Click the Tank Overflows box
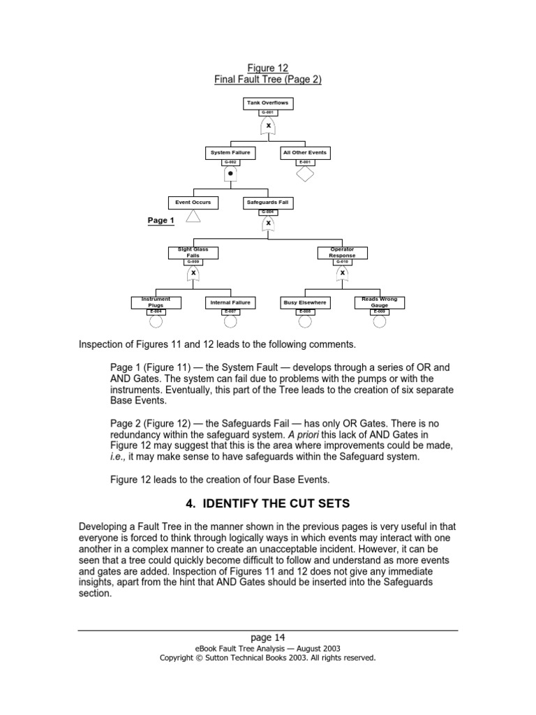click(268, 103)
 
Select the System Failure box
click(230, 152)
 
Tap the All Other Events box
click(304, 152)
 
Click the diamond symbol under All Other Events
click(305, 173)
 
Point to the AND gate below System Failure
click(230, 173)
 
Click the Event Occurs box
click(193, 202)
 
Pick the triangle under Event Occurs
click(193, 217)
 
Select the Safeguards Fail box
click(268, 202)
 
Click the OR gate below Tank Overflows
click(268, 125)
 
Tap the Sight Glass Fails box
click(193, 252)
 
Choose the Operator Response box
click(342, 252)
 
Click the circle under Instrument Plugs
click(156, 321)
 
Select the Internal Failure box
click(230, 302)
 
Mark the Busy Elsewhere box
click(305, 302)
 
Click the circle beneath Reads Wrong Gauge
click(380, 321)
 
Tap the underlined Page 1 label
click(161, 221)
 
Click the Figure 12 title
click(268, 68)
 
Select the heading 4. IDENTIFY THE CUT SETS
click(268, 503)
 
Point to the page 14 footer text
click(268, 637)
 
